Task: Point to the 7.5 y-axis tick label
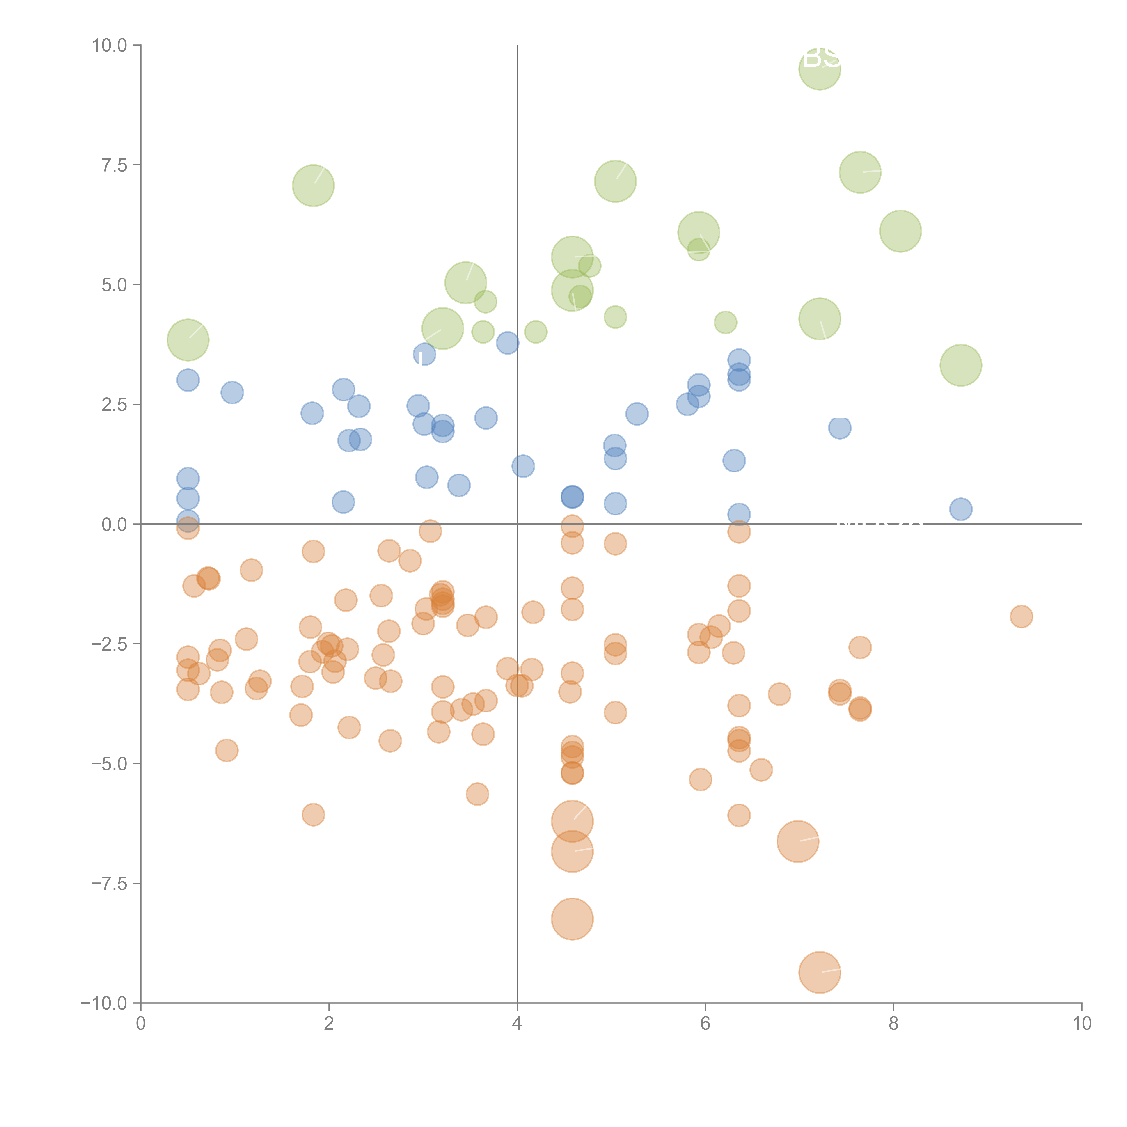(x=114, y=165)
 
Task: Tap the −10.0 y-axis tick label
(x=104, y=1003)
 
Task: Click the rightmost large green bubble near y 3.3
(x=961, y=365)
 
